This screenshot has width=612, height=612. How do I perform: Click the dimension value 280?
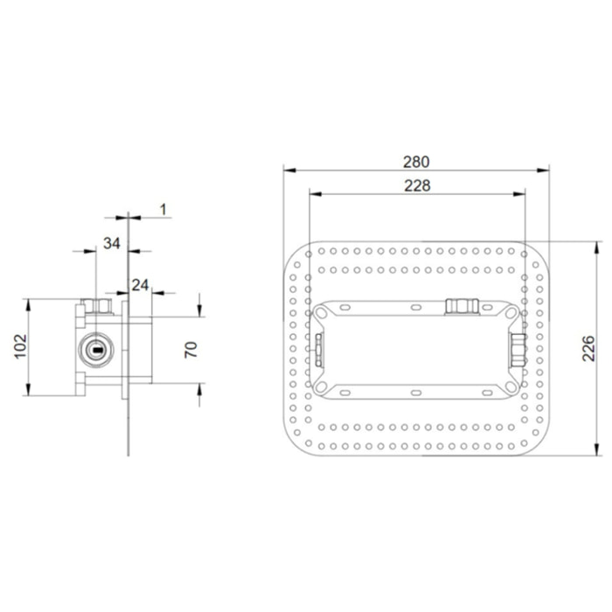(x=416, y=162)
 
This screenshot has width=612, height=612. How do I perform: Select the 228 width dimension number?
(x=416, y=184)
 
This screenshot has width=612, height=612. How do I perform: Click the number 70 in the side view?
(x=192, y=350)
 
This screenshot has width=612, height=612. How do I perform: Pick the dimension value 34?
(x=111, y=243)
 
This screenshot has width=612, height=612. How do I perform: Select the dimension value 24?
(x=139, y=284)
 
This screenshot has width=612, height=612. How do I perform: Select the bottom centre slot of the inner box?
(x=416, y=392)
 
